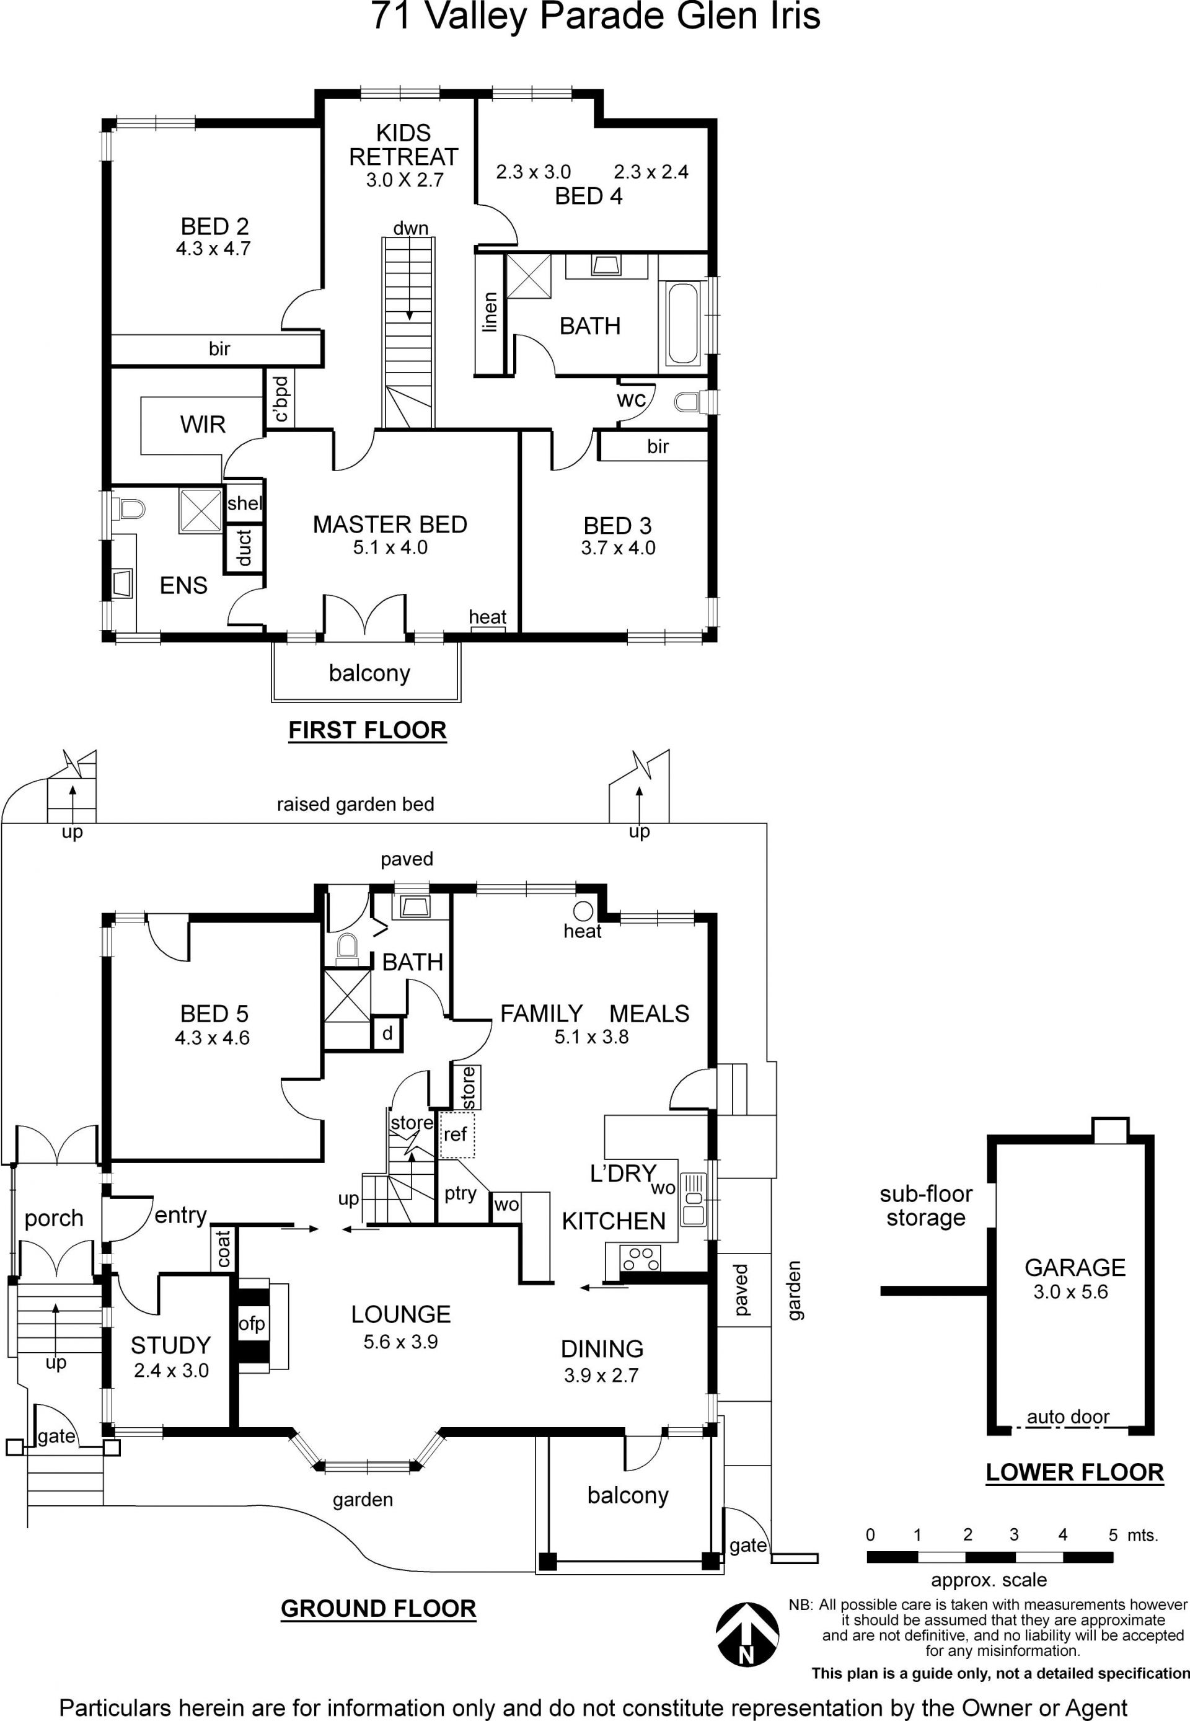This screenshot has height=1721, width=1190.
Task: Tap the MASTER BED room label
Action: [x=390, y=524]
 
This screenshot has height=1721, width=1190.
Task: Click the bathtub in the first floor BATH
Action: [x=683, y=323]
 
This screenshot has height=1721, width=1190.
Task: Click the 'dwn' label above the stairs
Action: [x=411, y=228]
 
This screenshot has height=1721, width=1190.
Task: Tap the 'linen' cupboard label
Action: [x=489, y=312]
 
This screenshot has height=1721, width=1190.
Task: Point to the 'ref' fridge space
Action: [x=456, y=1135]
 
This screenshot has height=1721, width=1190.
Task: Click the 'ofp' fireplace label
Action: [x=252, y=1324]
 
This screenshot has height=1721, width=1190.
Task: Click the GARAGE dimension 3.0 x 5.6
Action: [x=1071, y=1291]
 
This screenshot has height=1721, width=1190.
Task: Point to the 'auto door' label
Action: [x=1068, y=1416]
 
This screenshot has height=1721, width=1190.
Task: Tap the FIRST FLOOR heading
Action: [x=368, y=730]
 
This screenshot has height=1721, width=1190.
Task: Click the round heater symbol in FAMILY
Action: [x=583, y=911]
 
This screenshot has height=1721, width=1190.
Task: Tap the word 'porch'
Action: [x=54, y=1218]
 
